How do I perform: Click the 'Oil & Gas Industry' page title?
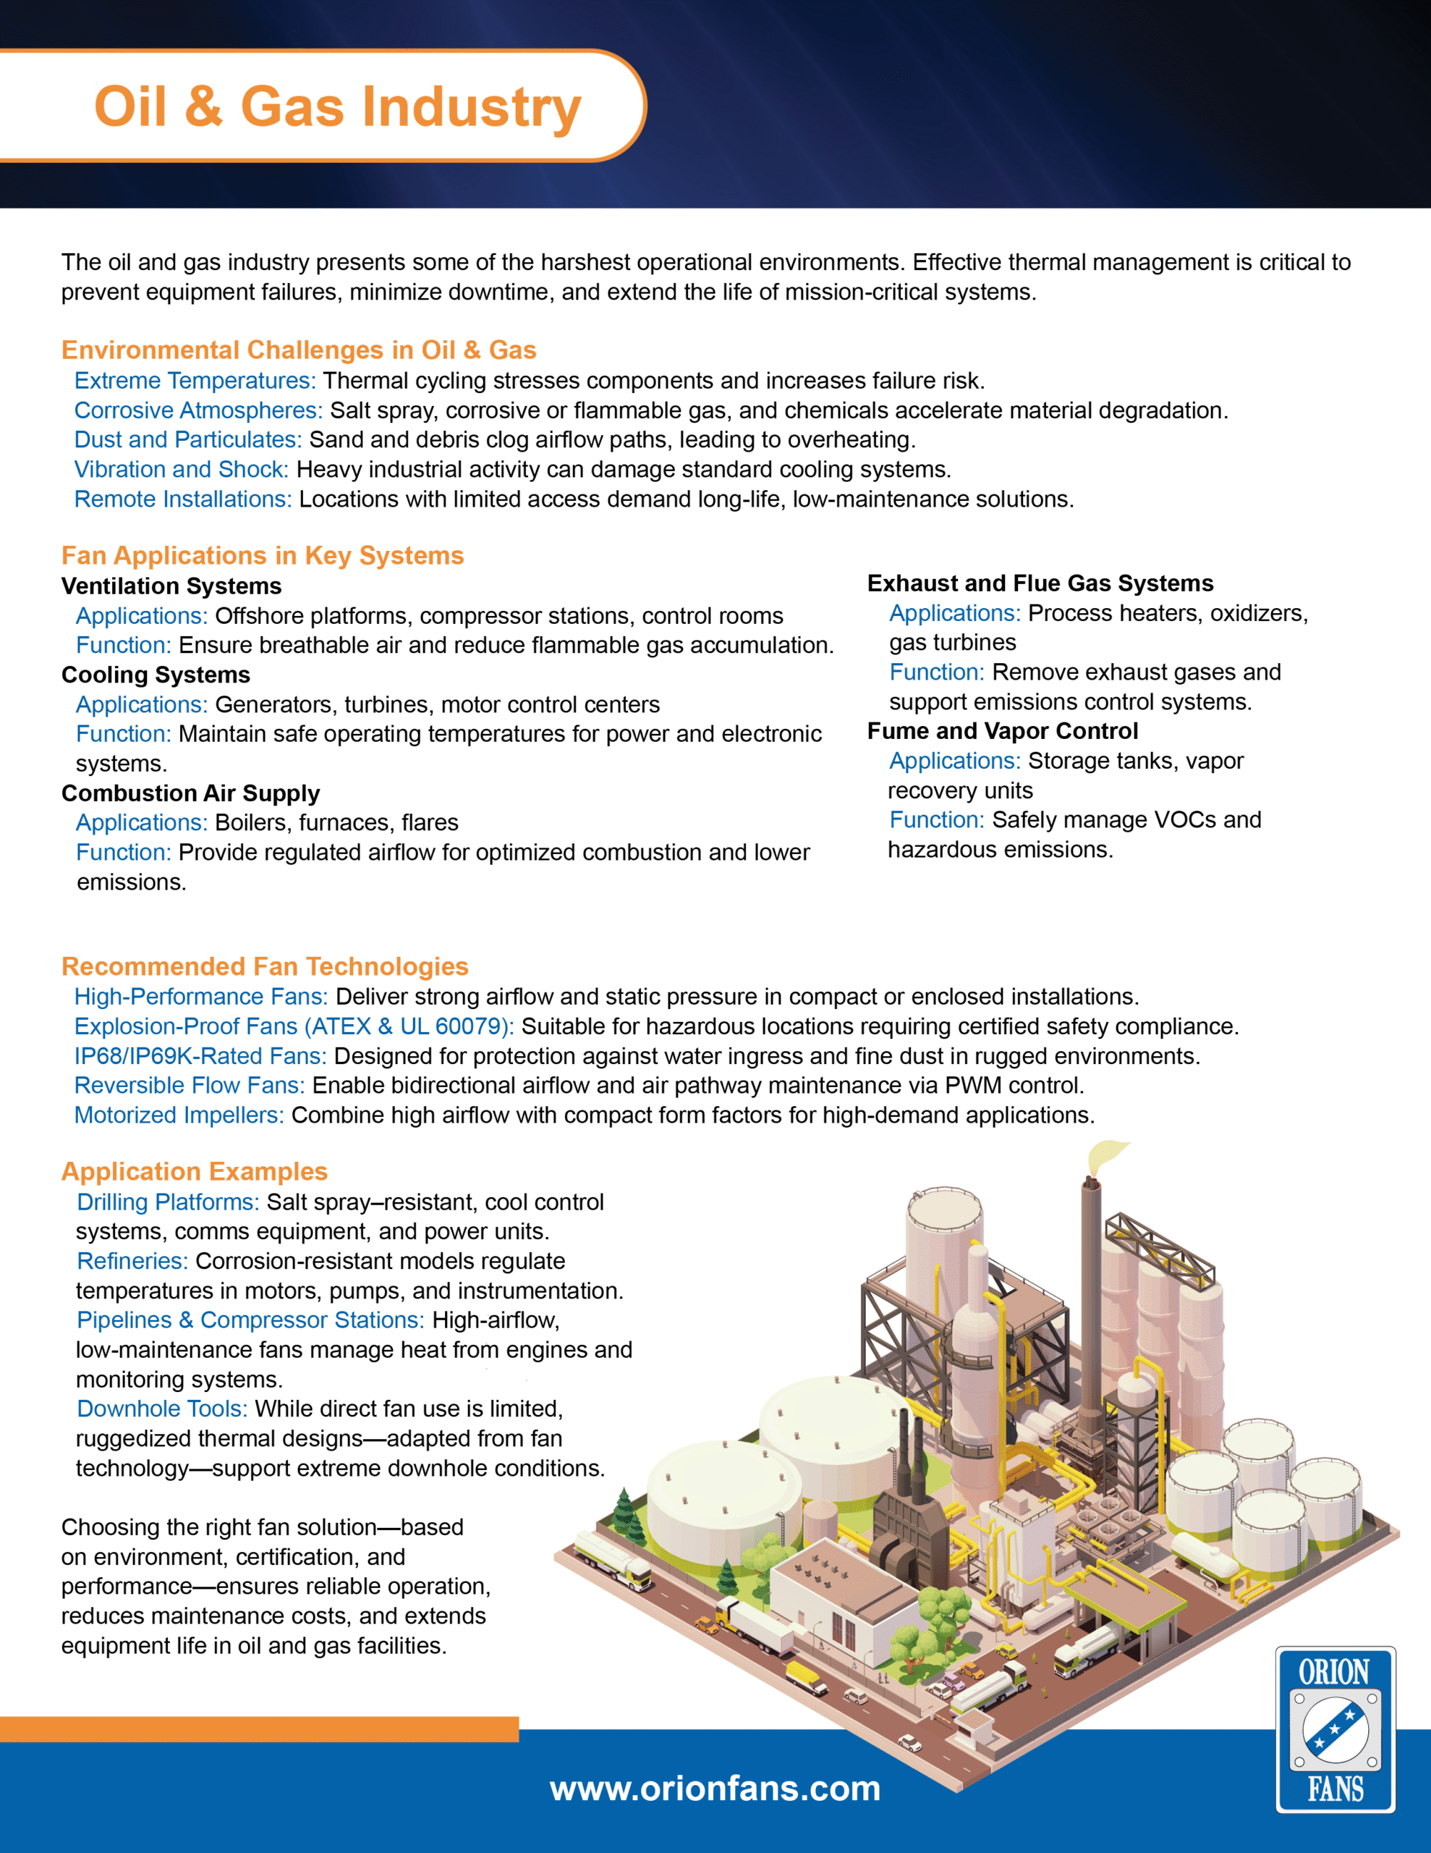point(338,107)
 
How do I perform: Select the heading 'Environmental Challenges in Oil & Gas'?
point(299,350)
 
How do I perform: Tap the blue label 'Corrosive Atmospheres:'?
point(198,410)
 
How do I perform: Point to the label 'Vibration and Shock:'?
point(182,469)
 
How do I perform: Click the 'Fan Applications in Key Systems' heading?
point(262,556)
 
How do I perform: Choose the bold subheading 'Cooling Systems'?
point(156,675)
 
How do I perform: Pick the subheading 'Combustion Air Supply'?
point(191,793)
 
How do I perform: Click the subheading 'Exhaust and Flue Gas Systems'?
point(1040,583)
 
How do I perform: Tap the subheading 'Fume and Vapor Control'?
point(1003,731)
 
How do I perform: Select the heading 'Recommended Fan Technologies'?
point(265,966)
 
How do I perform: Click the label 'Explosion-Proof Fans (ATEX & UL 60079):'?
point(294,1026)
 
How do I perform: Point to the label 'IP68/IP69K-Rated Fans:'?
point(200,1056)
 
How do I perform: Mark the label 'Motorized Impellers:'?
point(179,1115)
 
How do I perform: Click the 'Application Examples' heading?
point(195,1172)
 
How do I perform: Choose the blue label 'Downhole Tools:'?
point(162,1409)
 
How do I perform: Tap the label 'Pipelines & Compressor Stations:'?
point(250,1320)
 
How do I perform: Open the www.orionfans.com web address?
point(715,1789)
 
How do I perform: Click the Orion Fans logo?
point(1336,1729)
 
